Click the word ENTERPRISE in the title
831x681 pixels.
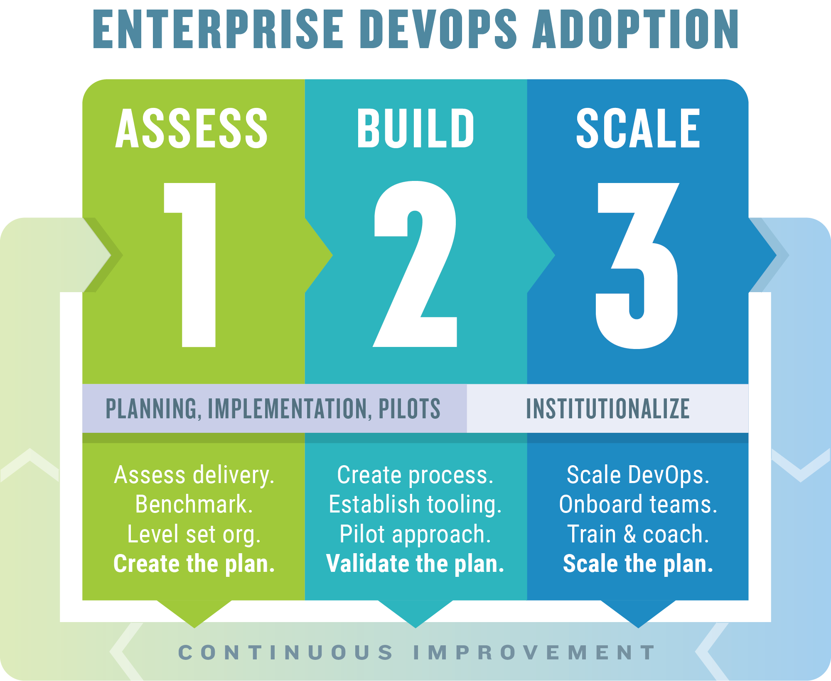[219, 29]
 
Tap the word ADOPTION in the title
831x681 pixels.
[636, 29]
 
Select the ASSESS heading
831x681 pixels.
[192, 128]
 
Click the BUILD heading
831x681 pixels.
[415, 128]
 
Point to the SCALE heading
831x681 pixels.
[639, 128]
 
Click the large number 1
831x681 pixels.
[190, 265]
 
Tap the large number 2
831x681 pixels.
[415, 264]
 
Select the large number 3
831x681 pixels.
[637, 266]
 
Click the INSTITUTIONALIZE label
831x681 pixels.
[608, 409]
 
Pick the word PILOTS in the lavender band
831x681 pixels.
[409, 409]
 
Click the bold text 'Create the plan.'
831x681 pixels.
[194, 564]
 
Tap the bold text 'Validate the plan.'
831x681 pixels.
[415, 564]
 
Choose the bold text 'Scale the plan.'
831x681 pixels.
[638, 564]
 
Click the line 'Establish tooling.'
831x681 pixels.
[415, 505]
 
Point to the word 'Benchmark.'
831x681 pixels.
[194, 504]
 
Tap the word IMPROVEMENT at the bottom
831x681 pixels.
[534, 652]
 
